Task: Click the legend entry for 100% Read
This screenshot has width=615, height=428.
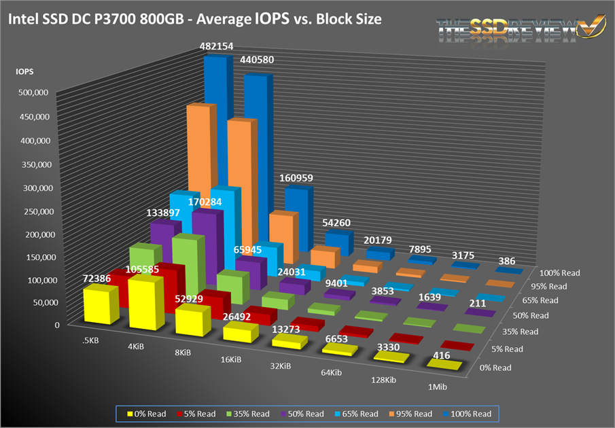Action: (471, 414)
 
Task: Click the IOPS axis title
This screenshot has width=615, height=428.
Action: (25, 69)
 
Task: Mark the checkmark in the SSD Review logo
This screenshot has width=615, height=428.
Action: (589, 28)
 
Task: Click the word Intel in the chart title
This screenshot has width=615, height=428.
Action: (24, 19)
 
